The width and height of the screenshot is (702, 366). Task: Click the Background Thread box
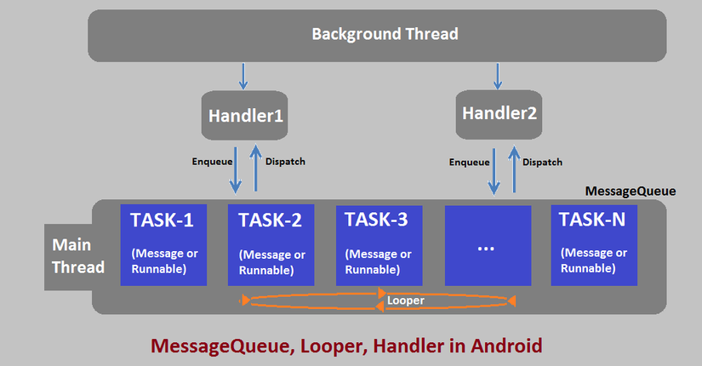(385, 35)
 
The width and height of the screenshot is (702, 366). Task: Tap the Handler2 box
(499, 112)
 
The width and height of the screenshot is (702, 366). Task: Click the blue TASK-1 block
(163, 244)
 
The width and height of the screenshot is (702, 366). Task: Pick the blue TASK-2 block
(271, 244)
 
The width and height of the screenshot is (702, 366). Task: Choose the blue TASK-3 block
(379, 244)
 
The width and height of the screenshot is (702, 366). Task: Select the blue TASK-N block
(593, 244)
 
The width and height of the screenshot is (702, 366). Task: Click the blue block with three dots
(487, 244)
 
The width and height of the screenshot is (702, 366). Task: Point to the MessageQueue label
(631, 192)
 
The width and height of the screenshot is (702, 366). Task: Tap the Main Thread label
(78, 255)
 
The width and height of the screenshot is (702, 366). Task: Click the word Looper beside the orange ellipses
(406, 300)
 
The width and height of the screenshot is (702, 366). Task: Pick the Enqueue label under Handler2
(469, 162)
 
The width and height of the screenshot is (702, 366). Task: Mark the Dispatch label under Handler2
(542, 162)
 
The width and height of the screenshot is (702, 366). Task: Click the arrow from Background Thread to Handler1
(243, 76)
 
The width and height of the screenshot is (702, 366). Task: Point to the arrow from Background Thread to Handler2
(497, 75)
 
